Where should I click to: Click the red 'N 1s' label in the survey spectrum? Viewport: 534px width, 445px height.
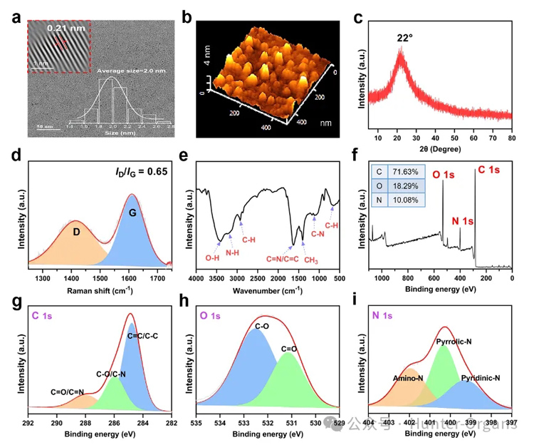pos(464,222)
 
